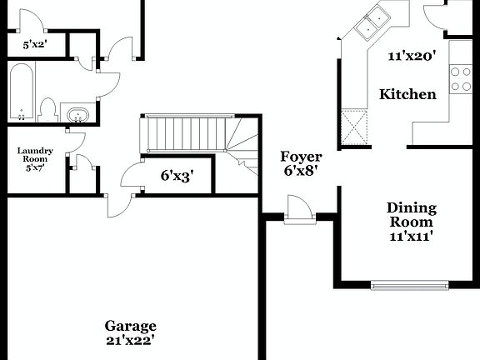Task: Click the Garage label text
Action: point(130,326)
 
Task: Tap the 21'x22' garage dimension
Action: point(130,339)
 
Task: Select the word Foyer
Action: point(301,157)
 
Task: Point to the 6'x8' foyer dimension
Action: point(301,171)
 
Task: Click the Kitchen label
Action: point(407,94)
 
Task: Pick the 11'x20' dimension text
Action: point(412,57)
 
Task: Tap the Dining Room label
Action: point(411,215)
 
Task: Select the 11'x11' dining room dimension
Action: point(411,236)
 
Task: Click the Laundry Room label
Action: point(35,155)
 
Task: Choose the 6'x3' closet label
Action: point(177,176)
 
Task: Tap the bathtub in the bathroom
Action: point(22,92)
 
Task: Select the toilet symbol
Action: point(47,110)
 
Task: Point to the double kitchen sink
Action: point(372,22)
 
